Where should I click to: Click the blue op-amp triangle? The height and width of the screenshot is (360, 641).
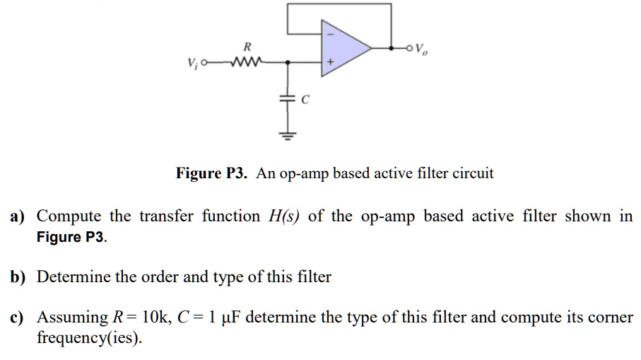[x=343, y=47]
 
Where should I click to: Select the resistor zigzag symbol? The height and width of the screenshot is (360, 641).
[x=247, y=62]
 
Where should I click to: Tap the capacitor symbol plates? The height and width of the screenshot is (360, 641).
[x=288, y=101]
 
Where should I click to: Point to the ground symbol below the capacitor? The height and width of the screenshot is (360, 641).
[x=288, y=135]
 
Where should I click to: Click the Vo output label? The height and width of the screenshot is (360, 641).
[x=421, y=49]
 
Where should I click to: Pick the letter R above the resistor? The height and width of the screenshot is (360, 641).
[x=247, y=47]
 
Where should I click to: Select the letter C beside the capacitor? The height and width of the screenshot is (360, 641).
[x=305, y=101]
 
